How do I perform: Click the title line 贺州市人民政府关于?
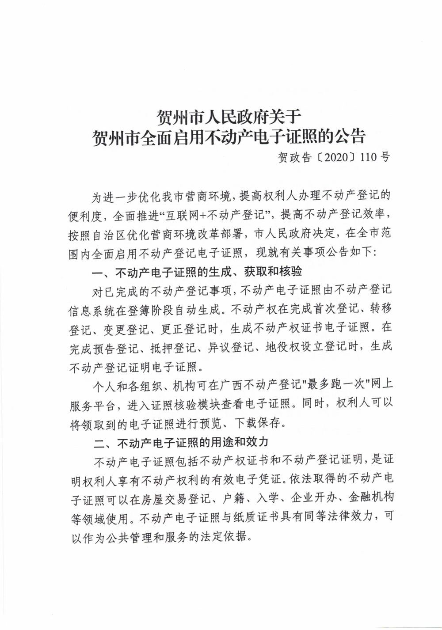[229, 117]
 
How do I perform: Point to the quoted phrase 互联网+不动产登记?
[217, 215]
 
